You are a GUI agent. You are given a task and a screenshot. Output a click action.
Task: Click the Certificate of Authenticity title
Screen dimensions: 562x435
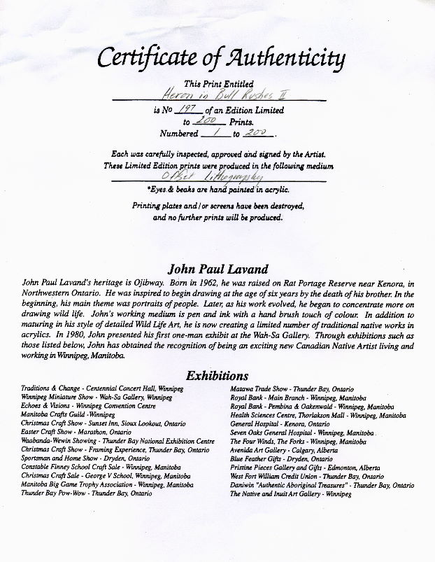coord(221,58)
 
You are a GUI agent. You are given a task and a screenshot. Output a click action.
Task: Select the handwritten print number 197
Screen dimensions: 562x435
coord(188,110)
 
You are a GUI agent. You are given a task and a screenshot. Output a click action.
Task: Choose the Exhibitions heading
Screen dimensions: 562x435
coord(217,376)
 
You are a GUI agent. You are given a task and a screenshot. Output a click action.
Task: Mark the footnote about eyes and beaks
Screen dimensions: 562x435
coord(217,190)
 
